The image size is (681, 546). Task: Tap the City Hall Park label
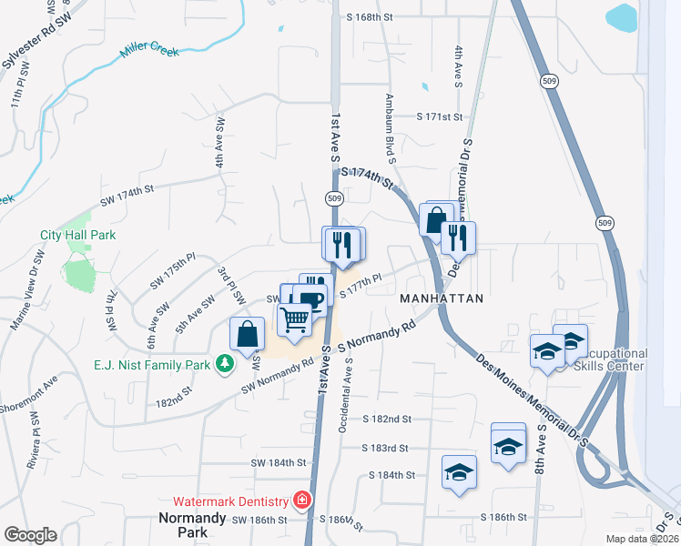coord(78,235)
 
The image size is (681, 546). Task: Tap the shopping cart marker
coord(294,319)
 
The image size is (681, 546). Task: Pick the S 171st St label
coord(441,117)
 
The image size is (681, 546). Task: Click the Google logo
coord(30,535)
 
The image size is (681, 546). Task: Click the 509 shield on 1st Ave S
coord(333,198)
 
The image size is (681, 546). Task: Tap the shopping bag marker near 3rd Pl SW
coord(248,333)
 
